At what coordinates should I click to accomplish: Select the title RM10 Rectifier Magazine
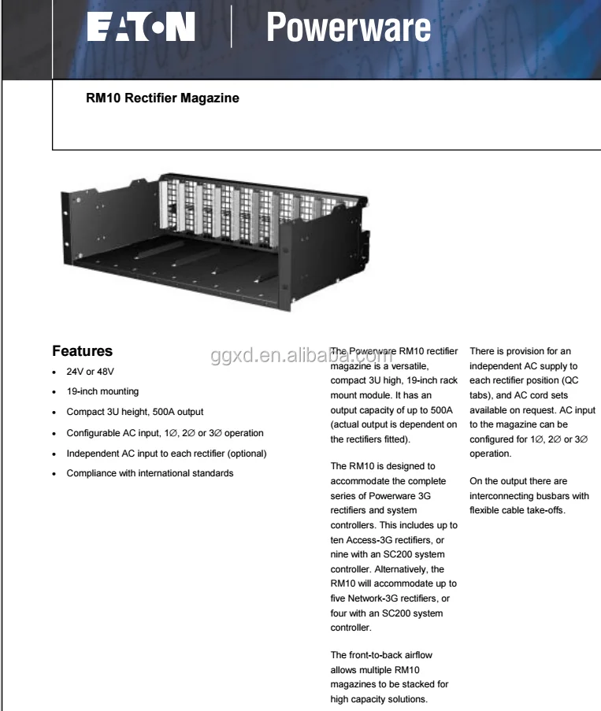162,100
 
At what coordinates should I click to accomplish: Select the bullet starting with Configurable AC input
165,433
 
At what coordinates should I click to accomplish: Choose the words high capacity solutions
380,698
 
